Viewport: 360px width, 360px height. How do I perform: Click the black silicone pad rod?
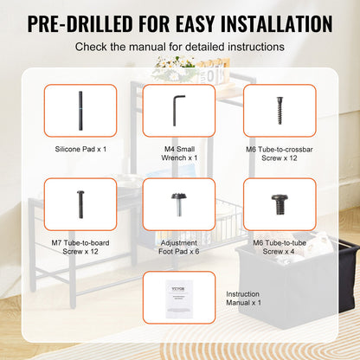coord(79,109)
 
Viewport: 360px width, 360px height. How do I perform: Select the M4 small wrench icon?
coord(179,109)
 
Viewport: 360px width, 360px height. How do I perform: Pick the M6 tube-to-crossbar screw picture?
coord(278,109)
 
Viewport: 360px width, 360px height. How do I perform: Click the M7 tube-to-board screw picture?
coord(79,204)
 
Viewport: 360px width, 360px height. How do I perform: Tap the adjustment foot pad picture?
coord(179,204)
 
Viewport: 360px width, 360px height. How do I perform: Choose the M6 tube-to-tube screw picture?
coord(278,205)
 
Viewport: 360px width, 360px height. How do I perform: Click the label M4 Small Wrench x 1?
coord(179,154)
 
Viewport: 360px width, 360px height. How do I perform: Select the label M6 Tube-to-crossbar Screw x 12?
coord(278,154)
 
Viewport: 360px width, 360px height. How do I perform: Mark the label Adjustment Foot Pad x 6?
coord(179,247)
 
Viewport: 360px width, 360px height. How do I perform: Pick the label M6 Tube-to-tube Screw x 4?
coord(278,247)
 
